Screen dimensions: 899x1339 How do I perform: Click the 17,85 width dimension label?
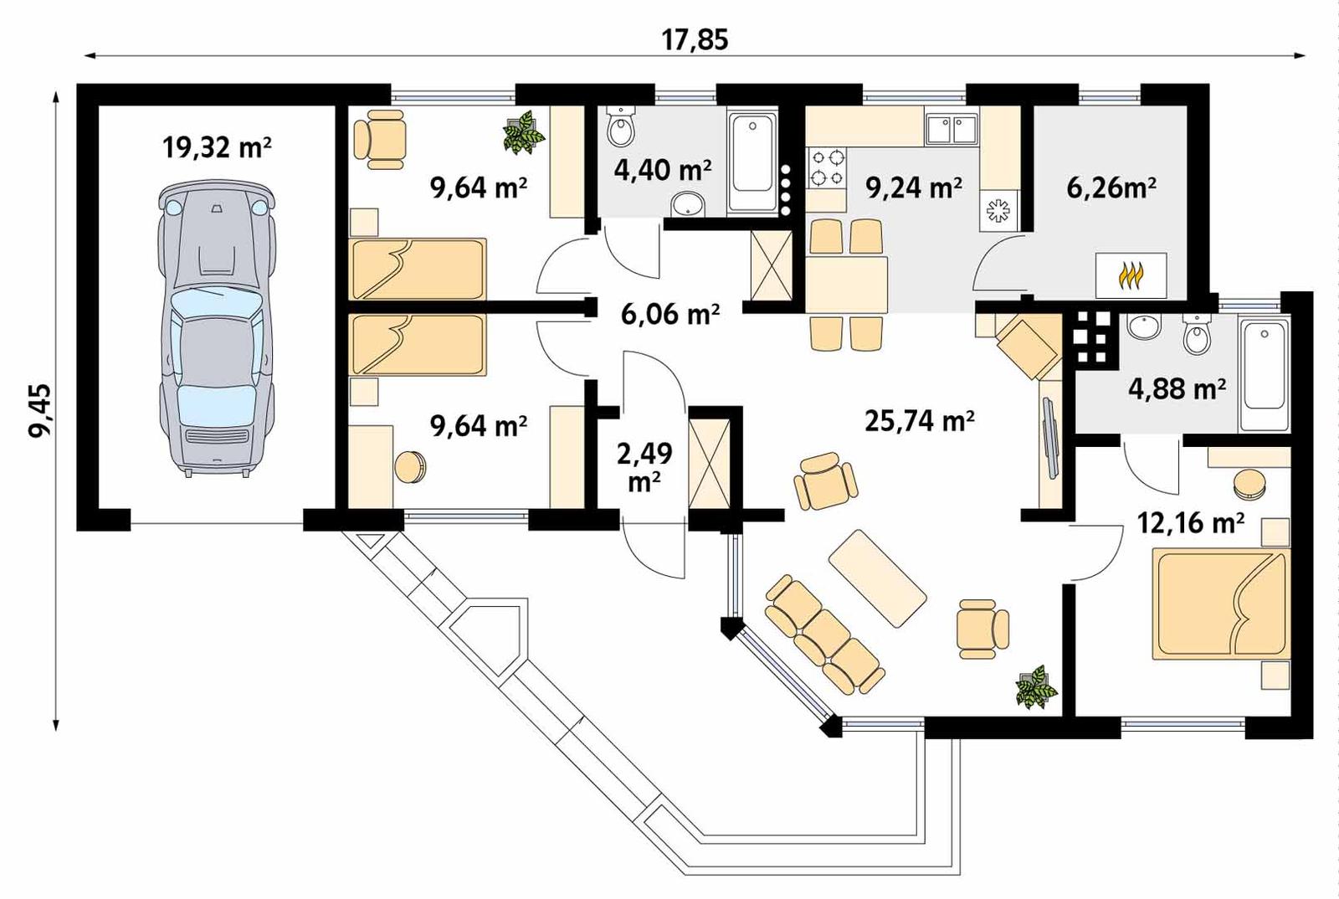[x=695, y=39]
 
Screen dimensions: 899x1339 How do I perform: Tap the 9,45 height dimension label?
[x=39, y=410]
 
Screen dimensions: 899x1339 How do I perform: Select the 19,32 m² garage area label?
[x=217, y=148]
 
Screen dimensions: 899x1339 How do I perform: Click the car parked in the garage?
[x=217, y=328]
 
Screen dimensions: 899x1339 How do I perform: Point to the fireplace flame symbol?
[x=1131, y=275]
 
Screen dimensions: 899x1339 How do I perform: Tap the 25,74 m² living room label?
[x=919, y=420]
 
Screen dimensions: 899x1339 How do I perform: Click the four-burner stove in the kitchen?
[x=826, y=167]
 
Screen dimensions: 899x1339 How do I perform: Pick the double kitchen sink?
[x=952, y=130]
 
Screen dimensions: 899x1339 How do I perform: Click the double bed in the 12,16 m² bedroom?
[x=1220, y=603]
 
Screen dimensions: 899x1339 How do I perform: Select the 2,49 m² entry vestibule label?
[x=644, y=466]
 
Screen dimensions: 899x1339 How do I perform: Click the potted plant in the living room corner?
[x=1036, y=687]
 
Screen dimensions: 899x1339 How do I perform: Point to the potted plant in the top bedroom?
[x=524, y=133]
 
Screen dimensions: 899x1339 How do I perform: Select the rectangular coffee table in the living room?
[x=877, y=578]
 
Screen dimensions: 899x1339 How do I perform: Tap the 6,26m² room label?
[x=1111, y=188]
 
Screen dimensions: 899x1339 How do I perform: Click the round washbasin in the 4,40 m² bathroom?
[x=689, y=203]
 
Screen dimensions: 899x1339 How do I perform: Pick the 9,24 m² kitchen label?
[x=913, y=188]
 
